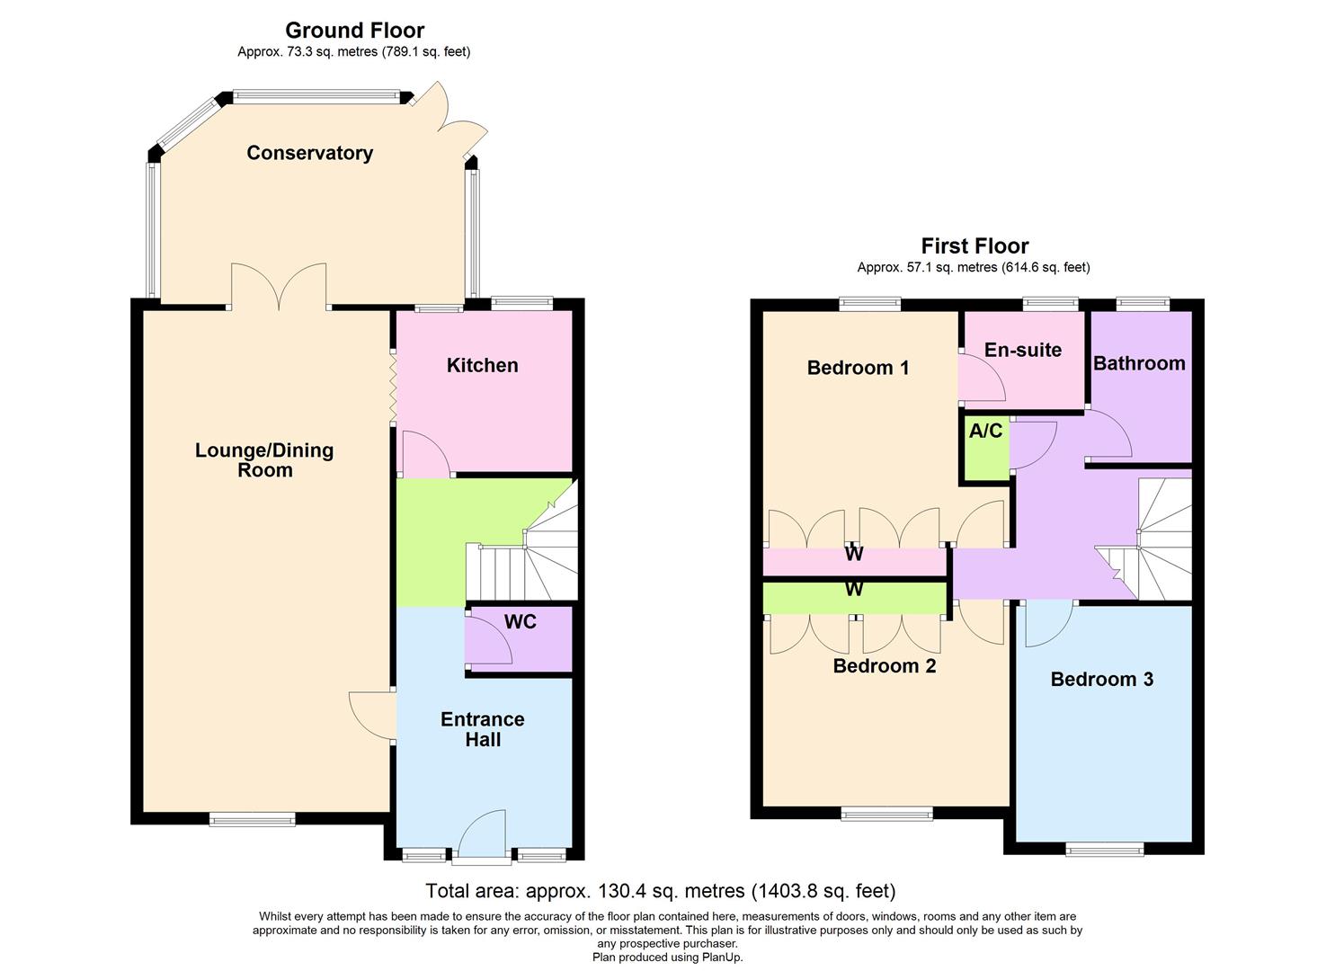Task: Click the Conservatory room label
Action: (309, 153)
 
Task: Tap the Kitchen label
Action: (482, 365)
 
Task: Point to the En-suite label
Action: (1022, 350)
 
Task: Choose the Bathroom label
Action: (1138, 363)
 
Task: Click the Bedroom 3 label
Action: (1101, 679)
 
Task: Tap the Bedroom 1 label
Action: (858, 368)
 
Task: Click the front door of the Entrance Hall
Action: (482, 836)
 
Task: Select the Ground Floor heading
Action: (354, 31)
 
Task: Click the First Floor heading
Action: (975, 246)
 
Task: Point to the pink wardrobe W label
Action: (853, 555)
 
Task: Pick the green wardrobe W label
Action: (853, 590)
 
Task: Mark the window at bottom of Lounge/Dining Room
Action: (252, 819)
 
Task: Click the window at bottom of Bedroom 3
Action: (1104, 848)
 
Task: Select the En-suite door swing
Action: (981, 378)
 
